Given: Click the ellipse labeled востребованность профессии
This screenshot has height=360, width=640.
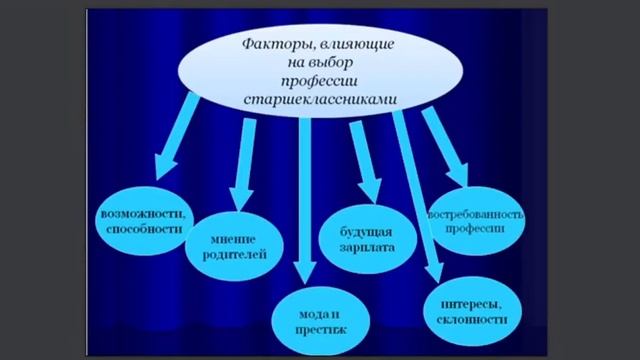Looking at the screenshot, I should point(477,221).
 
